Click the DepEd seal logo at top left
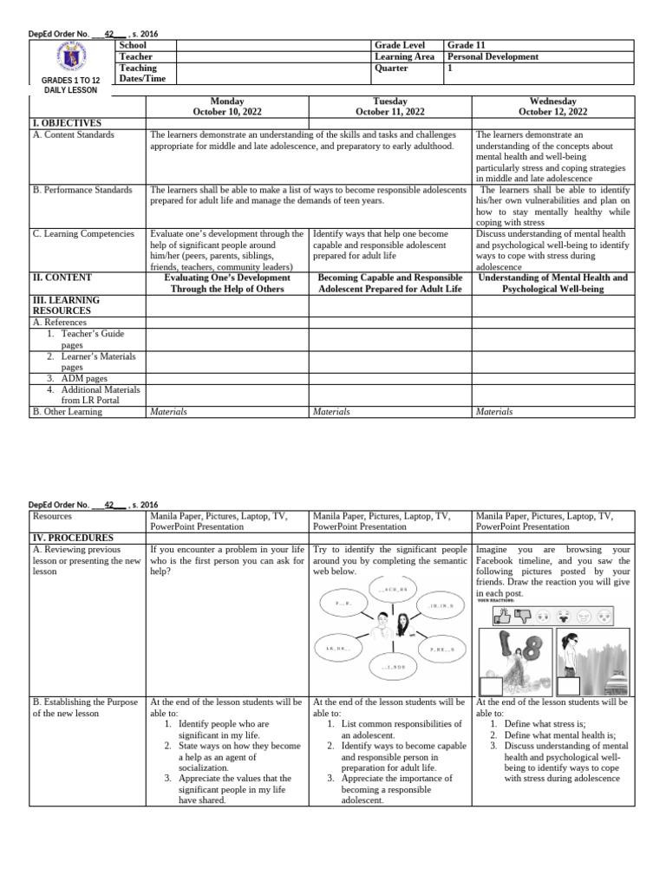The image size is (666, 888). pos(71,59)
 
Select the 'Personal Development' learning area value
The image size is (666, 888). pos(493,56)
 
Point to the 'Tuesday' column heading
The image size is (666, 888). pos(390,101)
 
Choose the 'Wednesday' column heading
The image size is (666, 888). pos(552,101)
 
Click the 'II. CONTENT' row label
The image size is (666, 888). pos(62,278)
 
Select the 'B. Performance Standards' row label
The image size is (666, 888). pos(82,190)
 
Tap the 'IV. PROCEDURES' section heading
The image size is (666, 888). pos(72,538)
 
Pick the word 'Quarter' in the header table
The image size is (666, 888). pos(392,68)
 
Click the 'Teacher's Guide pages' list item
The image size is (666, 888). pos(90,339)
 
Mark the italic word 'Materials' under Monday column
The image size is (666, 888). pos(168,412)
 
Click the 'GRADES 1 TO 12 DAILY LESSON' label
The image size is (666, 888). pos(71,85)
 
